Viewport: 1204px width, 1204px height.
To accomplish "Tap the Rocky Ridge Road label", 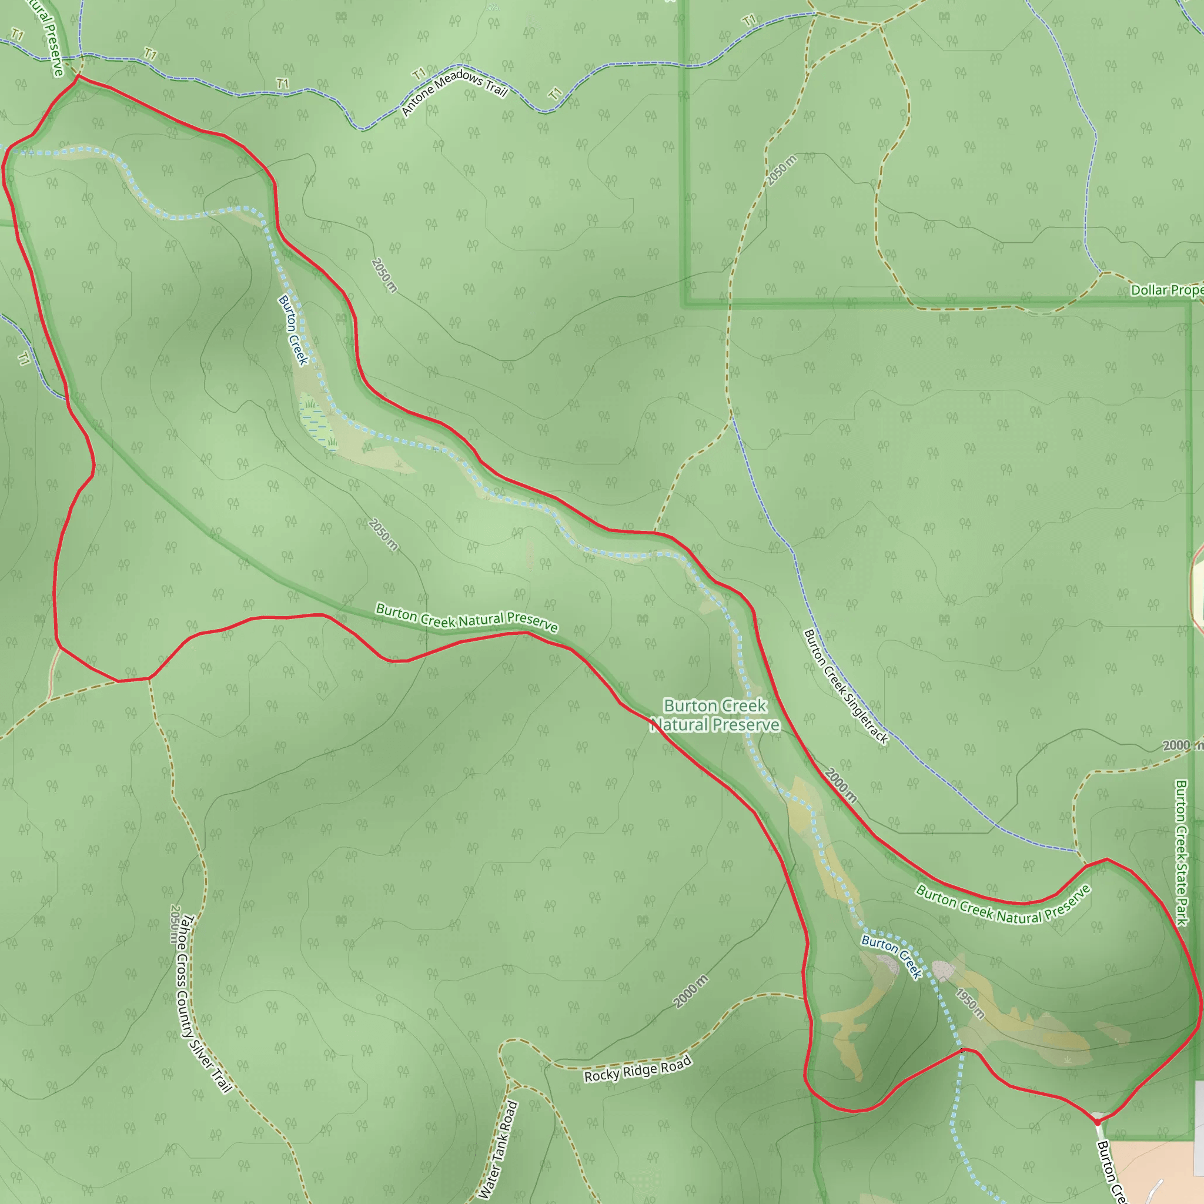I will pyautogui.click(x=637, y=1068).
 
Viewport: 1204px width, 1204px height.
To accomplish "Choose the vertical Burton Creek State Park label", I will pyautogui.click(x=1181, y=853).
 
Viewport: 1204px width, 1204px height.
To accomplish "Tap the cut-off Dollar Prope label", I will pyautogui.click(x=1166, y=290).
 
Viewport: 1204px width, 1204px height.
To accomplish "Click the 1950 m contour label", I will pyautogui.click(x=970, y=1003).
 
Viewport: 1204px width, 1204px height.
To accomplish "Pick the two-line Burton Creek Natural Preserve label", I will pyautogui.click(x=715, y=715).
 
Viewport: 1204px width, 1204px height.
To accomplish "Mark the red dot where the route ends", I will pyautogui.click(x=1097, y=1122).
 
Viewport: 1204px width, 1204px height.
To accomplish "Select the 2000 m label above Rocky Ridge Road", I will pyautogui.click(x=691, y=991).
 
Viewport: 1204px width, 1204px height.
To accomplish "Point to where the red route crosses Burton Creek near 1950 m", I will pyautogui.click(x=962, y=1050).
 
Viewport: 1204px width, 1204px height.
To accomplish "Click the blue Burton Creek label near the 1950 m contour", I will pyautogui.click(x=891, y=956).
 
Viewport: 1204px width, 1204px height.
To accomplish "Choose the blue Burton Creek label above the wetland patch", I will pyautogui.click(x=293, y=330).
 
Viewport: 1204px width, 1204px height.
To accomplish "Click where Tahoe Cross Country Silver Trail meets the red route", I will pyautogui.click(x=149, y=678).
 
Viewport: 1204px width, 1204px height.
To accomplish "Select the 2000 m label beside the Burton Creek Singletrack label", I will pyautogui.click(x=841, y=785).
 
